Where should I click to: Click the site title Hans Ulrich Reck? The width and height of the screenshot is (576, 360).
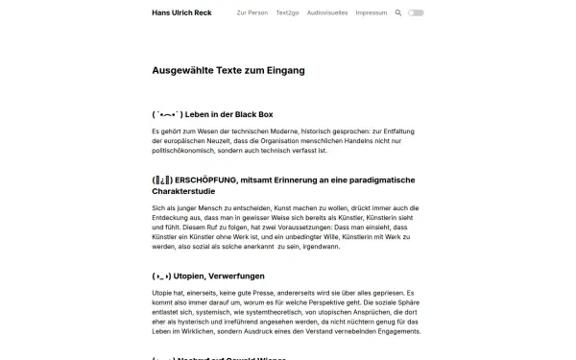181,13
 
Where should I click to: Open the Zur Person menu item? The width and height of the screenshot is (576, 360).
252,13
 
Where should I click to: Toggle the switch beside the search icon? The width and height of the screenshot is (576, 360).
416,13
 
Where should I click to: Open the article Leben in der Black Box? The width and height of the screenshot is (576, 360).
226,114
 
